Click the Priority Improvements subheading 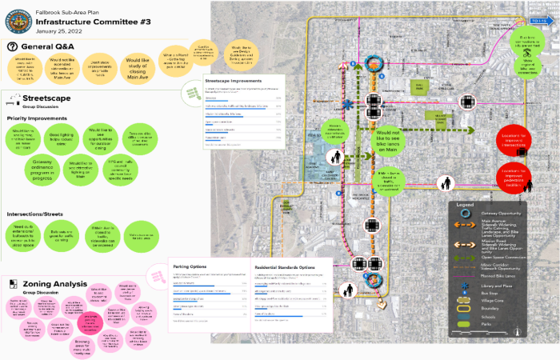point(39,118)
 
